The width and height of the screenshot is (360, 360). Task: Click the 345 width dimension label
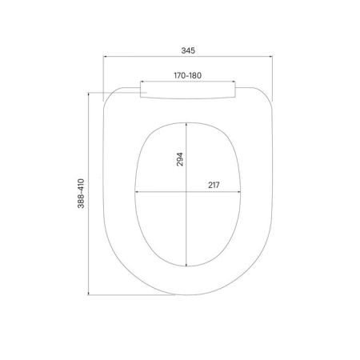pos(189,50)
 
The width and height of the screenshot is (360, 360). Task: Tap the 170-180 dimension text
pos(190,74)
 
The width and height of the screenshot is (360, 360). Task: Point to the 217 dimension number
pos(214,186)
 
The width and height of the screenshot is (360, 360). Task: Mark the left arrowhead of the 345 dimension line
pos(108,57)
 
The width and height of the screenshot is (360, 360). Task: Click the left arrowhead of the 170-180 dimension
pos(142,81)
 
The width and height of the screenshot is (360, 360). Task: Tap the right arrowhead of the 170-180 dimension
pos(238,81)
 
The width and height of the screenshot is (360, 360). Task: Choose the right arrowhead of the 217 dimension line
pos(241,192)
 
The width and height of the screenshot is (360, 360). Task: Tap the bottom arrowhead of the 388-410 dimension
pos(88,294)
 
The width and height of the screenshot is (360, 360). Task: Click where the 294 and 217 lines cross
pos(189,192)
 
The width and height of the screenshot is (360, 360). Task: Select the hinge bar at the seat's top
pos(190,90)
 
